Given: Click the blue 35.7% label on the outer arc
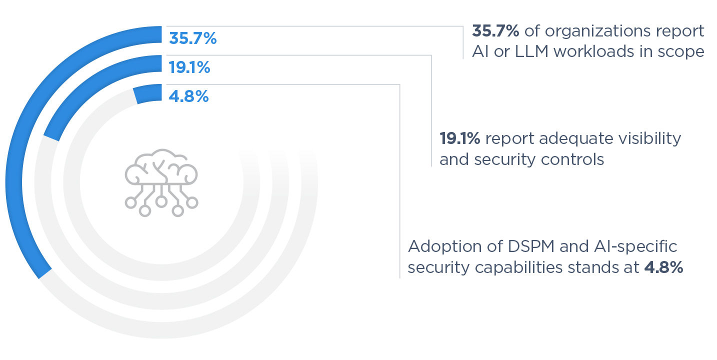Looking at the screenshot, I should [193, 38].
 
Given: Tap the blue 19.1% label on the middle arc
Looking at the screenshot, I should [189, 67].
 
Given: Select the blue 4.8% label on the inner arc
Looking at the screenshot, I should [188, 96].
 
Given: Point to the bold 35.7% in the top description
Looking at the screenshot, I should [495, 31].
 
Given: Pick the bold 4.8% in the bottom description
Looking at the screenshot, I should [663, 267].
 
